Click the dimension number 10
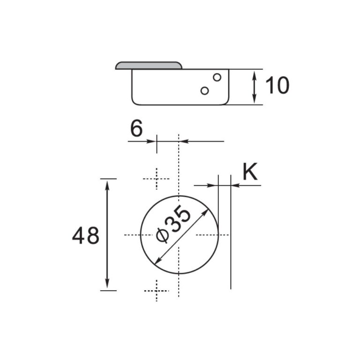pos(277,86)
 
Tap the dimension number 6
pos(136,128)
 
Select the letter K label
pos(250,172)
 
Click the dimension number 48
pos(85,236)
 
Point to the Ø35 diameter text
pos(174,225)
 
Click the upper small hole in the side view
pos(217,76)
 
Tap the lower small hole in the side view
pos(204,90)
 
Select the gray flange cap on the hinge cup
pos(149,65)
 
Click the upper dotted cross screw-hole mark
pos(156,179)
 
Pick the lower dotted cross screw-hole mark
pos(156,291)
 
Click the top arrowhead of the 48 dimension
pos(108,183)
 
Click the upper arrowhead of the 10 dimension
pos(254,74)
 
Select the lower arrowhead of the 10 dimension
pos(254,100)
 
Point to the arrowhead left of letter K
pos(214,186)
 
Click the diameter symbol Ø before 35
pos(161,235)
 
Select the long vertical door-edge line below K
pos(231,244)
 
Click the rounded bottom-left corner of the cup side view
pos(135,101)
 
